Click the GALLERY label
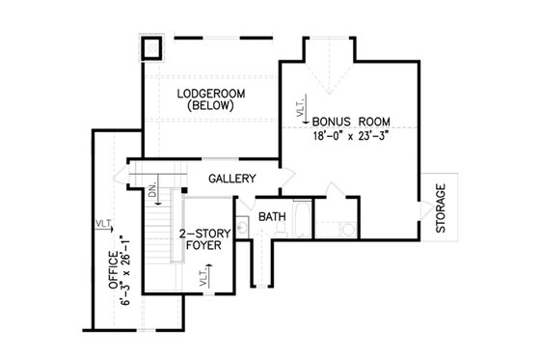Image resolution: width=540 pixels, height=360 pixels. point(231,179)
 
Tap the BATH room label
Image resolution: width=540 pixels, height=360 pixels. point(272,217)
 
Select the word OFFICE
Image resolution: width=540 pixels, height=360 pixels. point(113,271)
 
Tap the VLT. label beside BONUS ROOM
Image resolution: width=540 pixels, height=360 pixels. point(301,108)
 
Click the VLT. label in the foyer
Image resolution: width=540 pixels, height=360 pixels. point(204,280)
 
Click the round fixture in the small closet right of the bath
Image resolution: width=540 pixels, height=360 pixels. point(346,229)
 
